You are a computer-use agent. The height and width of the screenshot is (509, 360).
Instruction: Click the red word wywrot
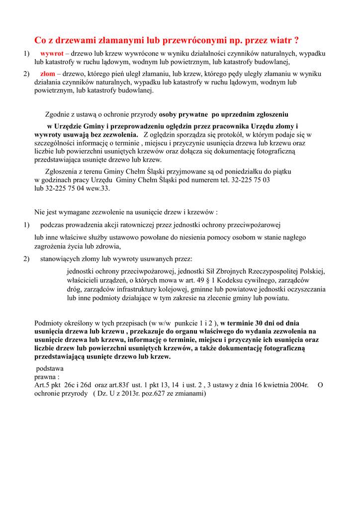[x=52, y=53]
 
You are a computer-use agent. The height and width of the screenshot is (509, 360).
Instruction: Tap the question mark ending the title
[x=296, y=40]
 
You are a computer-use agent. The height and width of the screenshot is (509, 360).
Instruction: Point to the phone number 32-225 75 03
[x=251, y=180]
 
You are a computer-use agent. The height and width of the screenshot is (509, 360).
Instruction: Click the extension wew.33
[x=97, y=188]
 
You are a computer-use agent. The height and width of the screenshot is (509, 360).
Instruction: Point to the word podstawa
[x=51, y=368]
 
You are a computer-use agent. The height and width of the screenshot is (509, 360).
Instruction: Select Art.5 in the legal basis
[x=43, y=385]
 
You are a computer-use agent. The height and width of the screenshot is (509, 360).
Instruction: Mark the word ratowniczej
[x=145, y=225]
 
